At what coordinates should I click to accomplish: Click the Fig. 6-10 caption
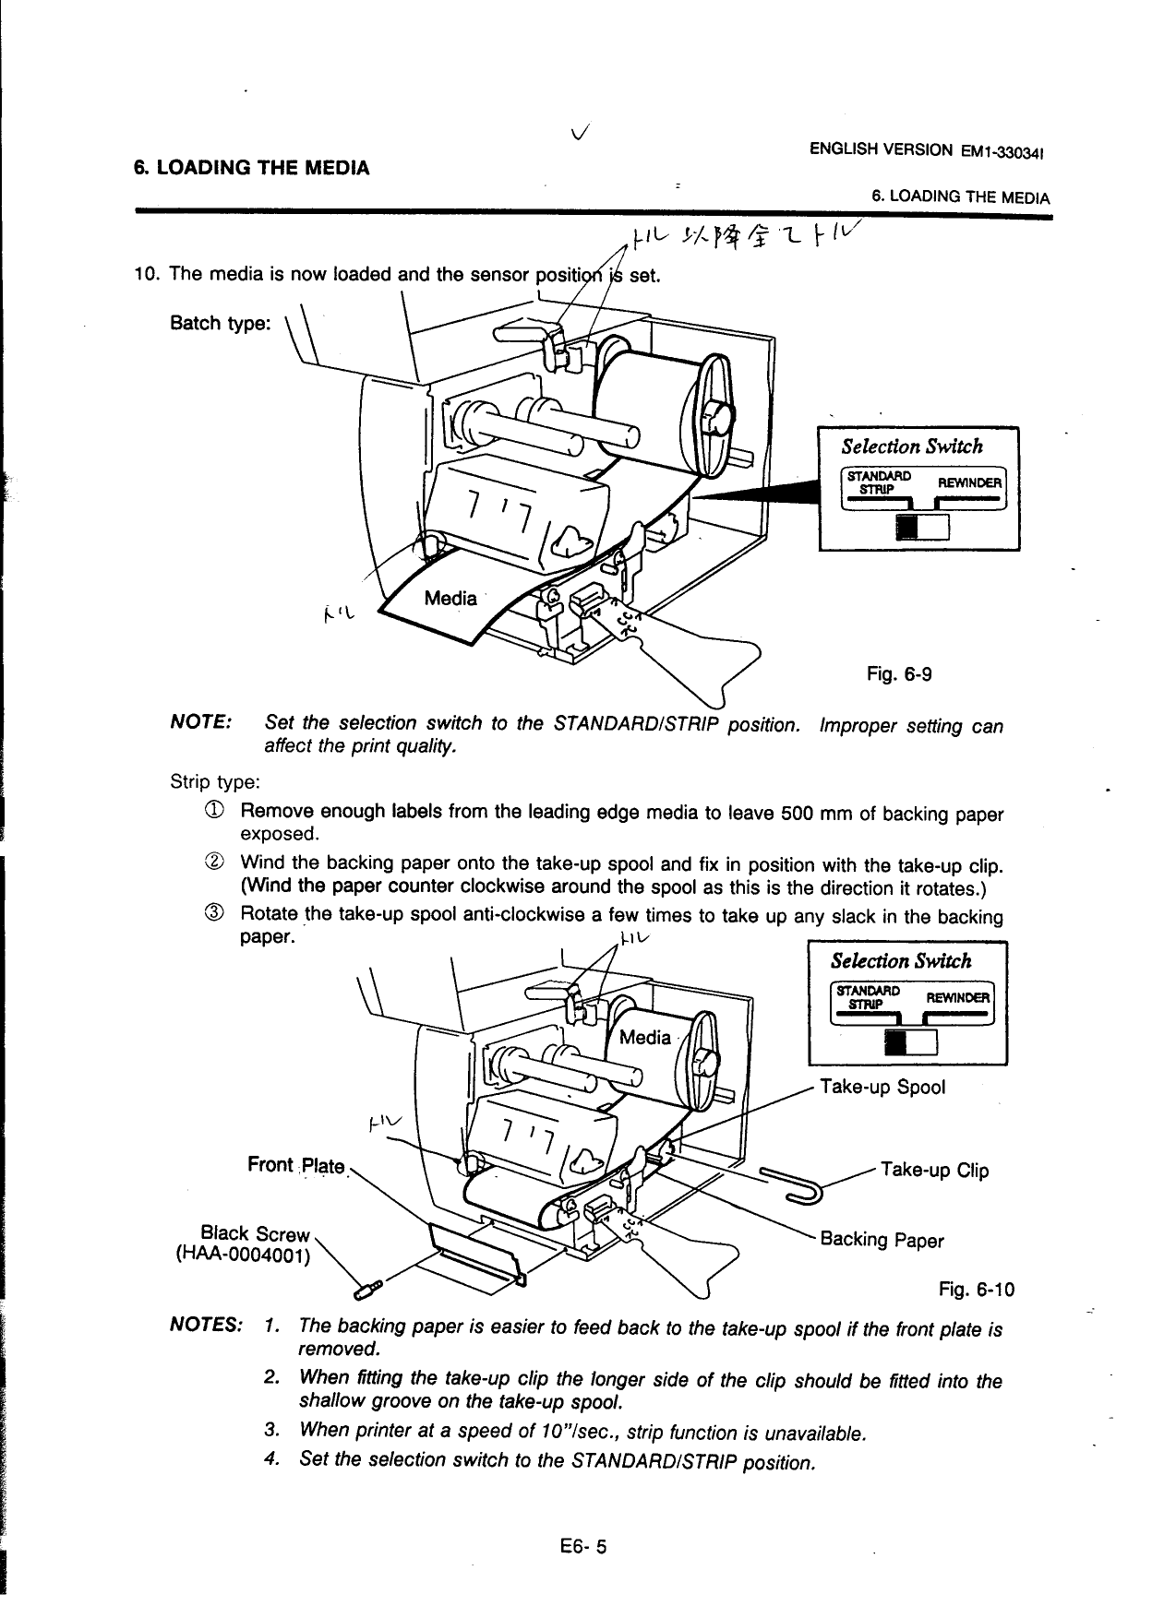click(976, 1289)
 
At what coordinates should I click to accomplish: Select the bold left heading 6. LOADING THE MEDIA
click(252, 168)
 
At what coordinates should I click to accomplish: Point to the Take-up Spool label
click(882, 1087)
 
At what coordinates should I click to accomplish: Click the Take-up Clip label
click(934, 1171)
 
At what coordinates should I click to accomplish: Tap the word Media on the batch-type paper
click(450, 599)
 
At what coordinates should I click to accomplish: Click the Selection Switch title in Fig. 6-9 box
click(911, 447)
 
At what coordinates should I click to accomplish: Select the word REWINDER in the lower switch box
click(957, 997)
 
